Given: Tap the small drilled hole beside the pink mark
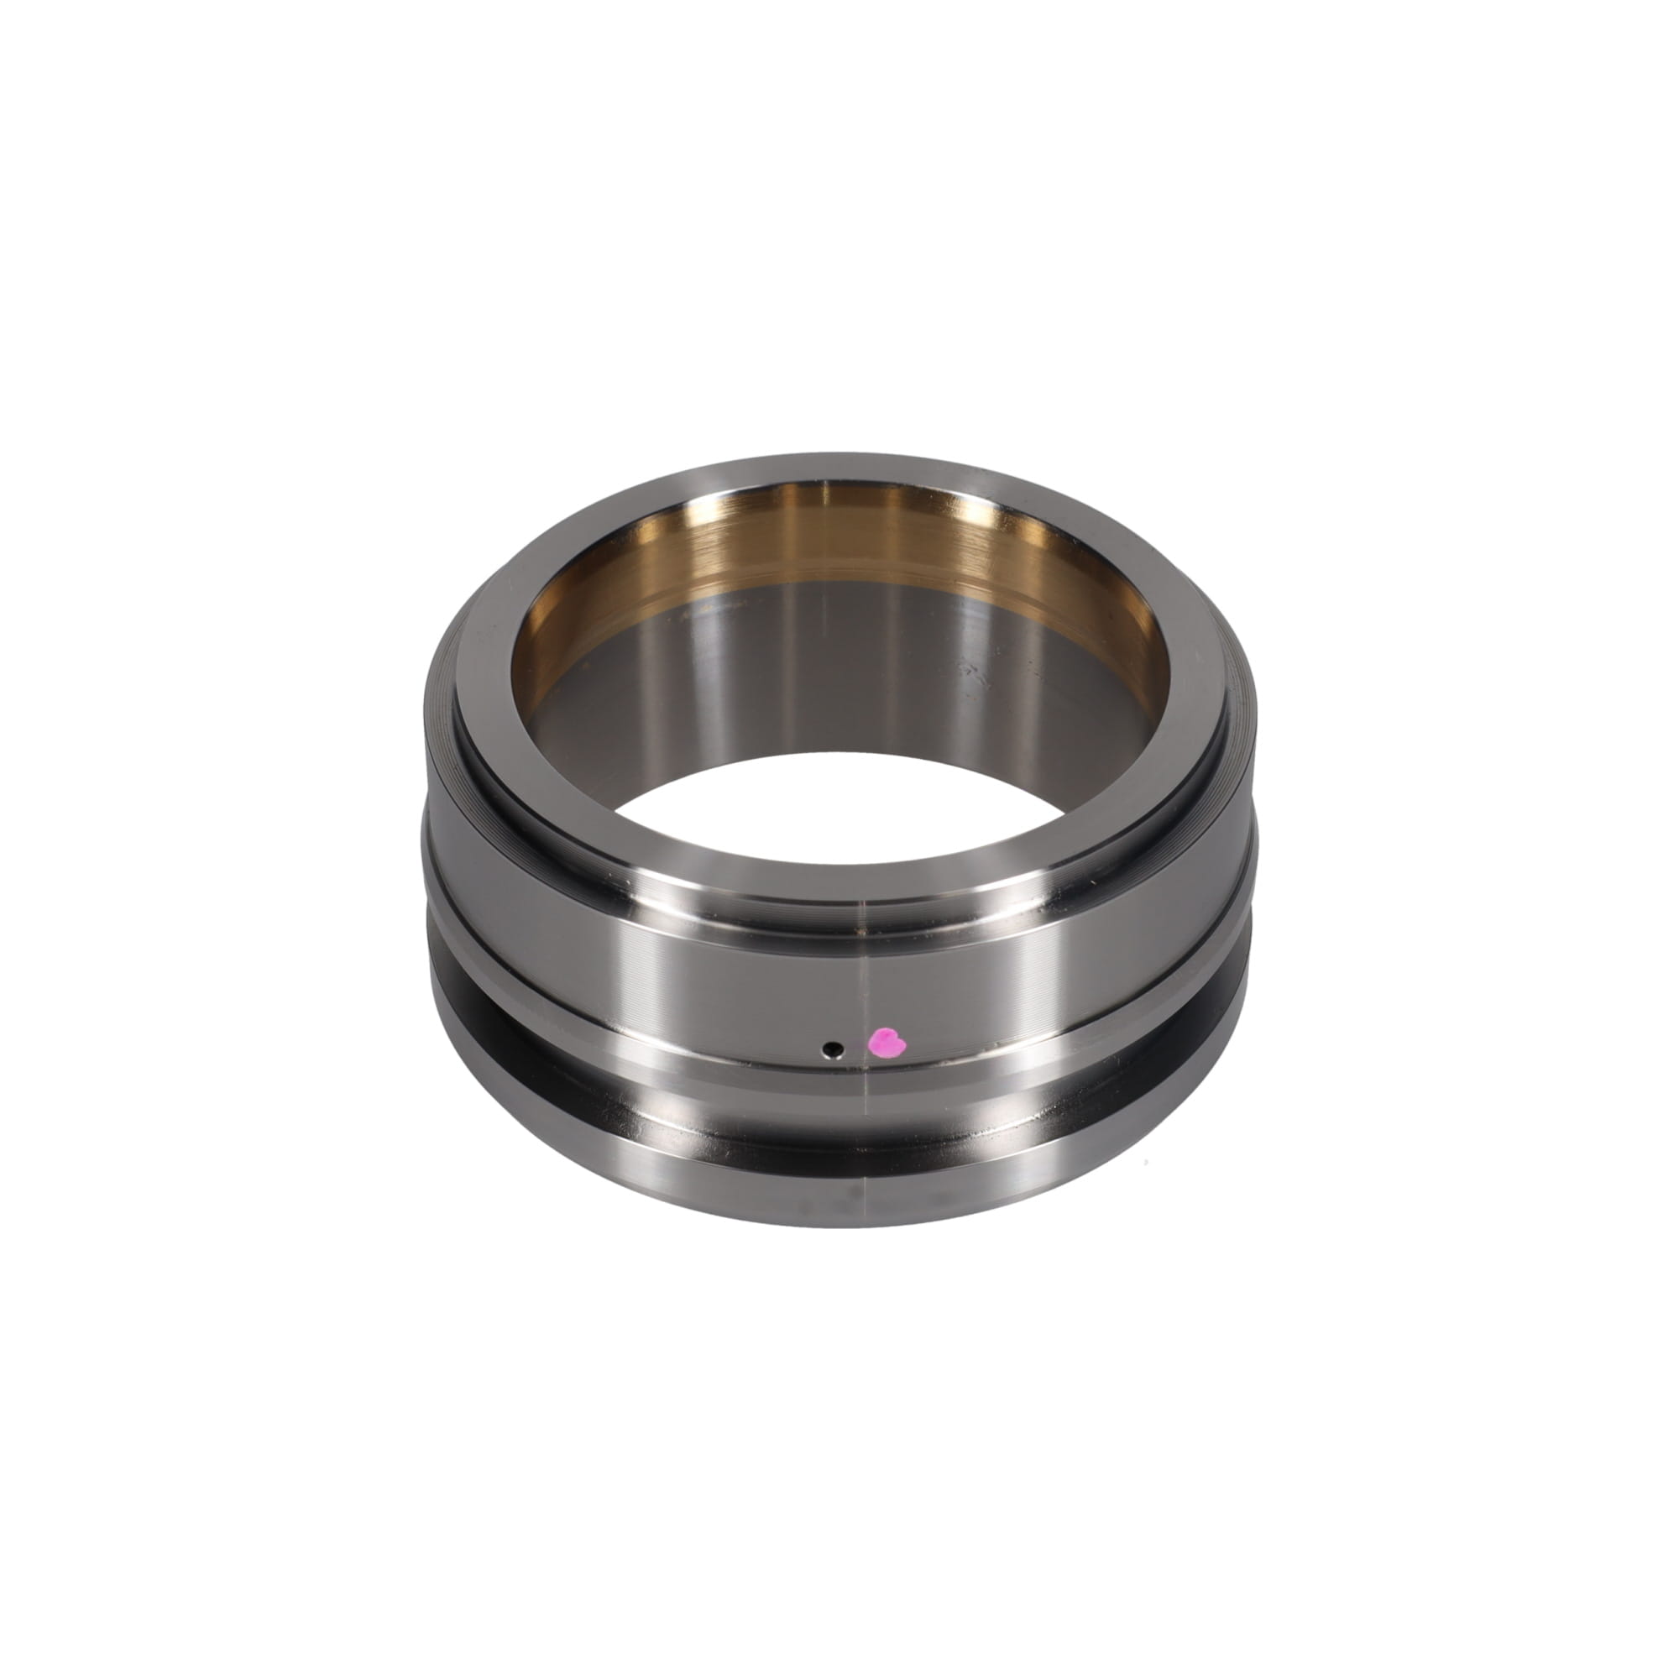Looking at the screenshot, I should (834, 1049).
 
